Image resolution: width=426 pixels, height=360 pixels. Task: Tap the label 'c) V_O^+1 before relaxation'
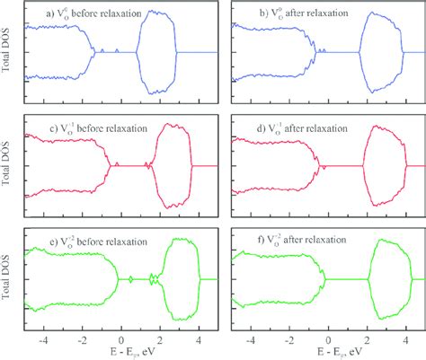(x=86, y=128)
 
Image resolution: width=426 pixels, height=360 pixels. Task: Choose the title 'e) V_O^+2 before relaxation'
(x=86, y=241)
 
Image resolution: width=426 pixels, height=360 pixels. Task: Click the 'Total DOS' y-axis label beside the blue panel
(x=8, y=52)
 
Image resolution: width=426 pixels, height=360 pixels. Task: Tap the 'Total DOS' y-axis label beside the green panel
(x=8, y=278)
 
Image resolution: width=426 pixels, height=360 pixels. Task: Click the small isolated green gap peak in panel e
(x=131, y=279)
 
